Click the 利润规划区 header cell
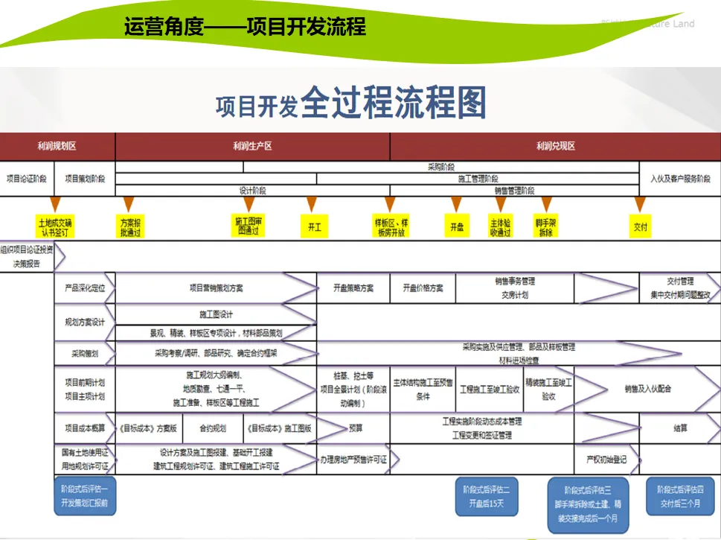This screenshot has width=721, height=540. pyautogui.click(x=57, y=147)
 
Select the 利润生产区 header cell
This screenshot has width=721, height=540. pyautogui.click(x=252, y=147)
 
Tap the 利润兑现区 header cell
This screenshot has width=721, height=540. pyautogui.click(x=555, y=147)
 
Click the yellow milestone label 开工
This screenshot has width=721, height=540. pyautogui.click(x=314, y=227)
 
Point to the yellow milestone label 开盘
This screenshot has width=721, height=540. pyautogui.click(x=457, y=227)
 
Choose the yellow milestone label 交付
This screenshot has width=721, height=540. pyautogui.click(x=640, y=227)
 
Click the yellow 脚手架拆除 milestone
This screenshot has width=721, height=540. pyautogui.click(x=546, y=227)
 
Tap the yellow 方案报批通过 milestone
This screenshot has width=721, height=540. pyautogui.click(x=129, y=227)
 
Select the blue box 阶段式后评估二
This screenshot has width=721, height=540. pyautogui.click(x=485, y=497)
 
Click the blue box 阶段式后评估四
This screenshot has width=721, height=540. pyautogui.click(x=680, y=496)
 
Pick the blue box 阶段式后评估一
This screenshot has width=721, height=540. pyautogui.click(x=85, y=497)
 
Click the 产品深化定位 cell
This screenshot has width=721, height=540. pyautogui.click(x=84, y=288)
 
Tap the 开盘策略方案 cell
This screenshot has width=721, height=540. pyautogui.click(x=353, y=288)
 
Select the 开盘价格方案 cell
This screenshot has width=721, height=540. pyautogui.click(x=423, y=288)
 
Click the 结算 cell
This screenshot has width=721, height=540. pyautogui.click(x=680, y=428)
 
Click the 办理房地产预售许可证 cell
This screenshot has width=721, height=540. pyautogui.click(x=353, y=460)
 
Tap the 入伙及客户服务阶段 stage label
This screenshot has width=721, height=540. pyautogui.click(x=680, y=179)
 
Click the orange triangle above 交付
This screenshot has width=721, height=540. pyautogui.click(x=639, y=204)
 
